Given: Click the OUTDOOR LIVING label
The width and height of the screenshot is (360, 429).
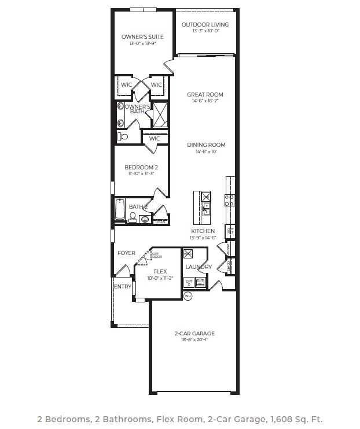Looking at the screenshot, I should [205, 25].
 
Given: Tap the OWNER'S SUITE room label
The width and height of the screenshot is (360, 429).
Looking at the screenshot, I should [142, 37].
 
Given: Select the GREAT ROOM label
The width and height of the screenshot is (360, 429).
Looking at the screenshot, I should [205, 95].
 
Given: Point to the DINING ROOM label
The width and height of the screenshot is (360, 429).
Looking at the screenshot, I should [206, 145].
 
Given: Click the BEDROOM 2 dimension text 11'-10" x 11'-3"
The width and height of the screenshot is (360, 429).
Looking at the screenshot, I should [142, 174].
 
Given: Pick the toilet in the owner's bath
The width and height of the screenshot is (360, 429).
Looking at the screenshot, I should [123, 137].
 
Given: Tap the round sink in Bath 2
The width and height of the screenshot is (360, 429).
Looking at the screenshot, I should [144, 219].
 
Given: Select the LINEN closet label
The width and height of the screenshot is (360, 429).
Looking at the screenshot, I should [161, 221].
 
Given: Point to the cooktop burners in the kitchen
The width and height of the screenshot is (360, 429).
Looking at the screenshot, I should [230, 201].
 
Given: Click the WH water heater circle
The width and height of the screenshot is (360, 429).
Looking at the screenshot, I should [187, 296].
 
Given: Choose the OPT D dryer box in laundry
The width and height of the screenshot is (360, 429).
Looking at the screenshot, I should [189, 283].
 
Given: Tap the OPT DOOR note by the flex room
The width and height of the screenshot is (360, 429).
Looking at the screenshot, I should [157, 254].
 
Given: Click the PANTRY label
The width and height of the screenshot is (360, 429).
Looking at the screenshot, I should [229, 249].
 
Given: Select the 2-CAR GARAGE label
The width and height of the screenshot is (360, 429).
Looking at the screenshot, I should [194, 334].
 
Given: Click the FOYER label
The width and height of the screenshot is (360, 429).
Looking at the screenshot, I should [126, 253].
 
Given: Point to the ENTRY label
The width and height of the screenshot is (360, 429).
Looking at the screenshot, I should [123, 287].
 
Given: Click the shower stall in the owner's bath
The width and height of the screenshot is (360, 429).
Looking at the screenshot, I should [159, 114].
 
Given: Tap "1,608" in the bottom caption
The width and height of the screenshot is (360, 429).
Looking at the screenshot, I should [278, 419].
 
